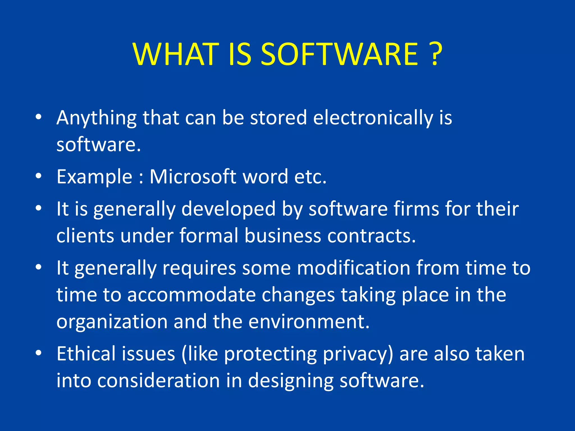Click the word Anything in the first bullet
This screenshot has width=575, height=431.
click(x=96, y=118)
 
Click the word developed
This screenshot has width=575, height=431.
click(x=228, y=209)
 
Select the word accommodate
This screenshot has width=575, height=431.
click(x=191, y=295)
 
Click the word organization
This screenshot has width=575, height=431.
click(x=112, y=322)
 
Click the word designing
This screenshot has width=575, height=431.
click(x=291, y=381)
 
